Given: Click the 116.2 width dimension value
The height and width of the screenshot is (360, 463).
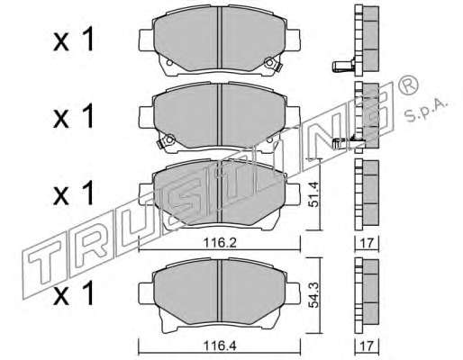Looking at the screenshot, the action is (x=220, y=243).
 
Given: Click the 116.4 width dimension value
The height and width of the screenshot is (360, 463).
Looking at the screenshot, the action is (x=220, y=346).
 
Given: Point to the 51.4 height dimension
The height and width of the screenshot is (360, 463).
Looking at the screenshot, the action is (x=313, y=195).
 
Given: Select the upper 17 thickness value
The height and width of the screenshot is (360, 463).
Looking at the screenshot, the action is (x=367, y=243).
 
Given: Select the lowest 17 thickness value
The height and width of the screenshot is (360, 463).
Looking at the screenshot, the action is (x=367, y=346).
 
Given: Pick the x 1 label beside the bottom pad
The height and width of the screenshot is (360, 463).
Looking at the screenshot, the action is (x=74, y=294).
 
